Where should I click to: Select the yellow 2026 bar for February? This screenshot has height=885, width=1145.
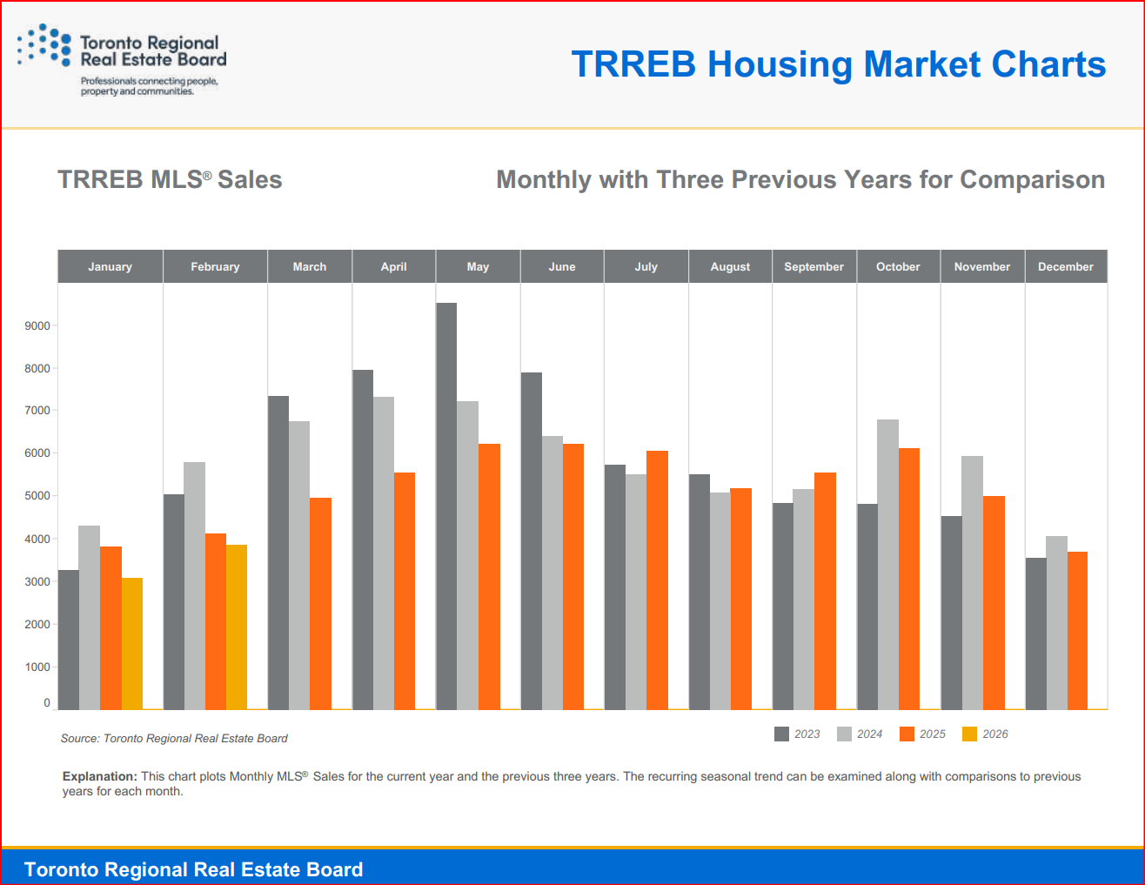tap(237, 627)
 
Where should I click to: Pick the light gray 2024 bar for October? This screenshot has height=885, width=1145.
tap(887, 565)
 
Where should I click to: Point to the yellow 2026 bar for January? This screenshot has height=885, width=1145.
tap(131, 644)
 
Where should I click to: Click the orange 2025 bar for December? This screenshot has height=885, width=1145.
tap(1077, 631)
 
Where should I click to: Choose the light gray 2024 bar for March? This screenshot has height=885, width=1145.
tap(299, 566)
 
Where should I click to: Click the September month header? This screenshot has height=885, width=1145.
tap(814, 267)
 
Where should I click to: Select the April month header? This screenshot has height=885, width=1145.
tap(393, 267)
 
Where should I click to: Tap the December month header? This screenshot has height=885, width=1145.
tap(1065, 267)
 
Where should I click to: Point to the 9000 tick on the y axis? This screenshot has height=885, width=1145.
tap(37, 326)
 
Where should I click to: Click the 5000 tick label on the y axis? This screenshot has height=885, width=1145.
tap(37, 496)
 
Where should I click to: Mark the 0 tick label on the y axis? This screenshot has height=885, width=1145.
tap(47, 703)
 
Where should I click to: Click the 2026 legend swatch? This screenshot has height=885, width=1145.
tap(969, 734)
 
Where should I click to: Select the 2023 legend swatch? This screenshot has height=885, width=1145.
tap(781, 734)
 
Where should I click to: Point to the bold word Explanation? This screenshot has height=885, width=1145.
tap(99, 776)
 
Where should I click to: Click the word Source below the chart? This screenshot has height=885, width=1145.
tap(79, 739)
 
